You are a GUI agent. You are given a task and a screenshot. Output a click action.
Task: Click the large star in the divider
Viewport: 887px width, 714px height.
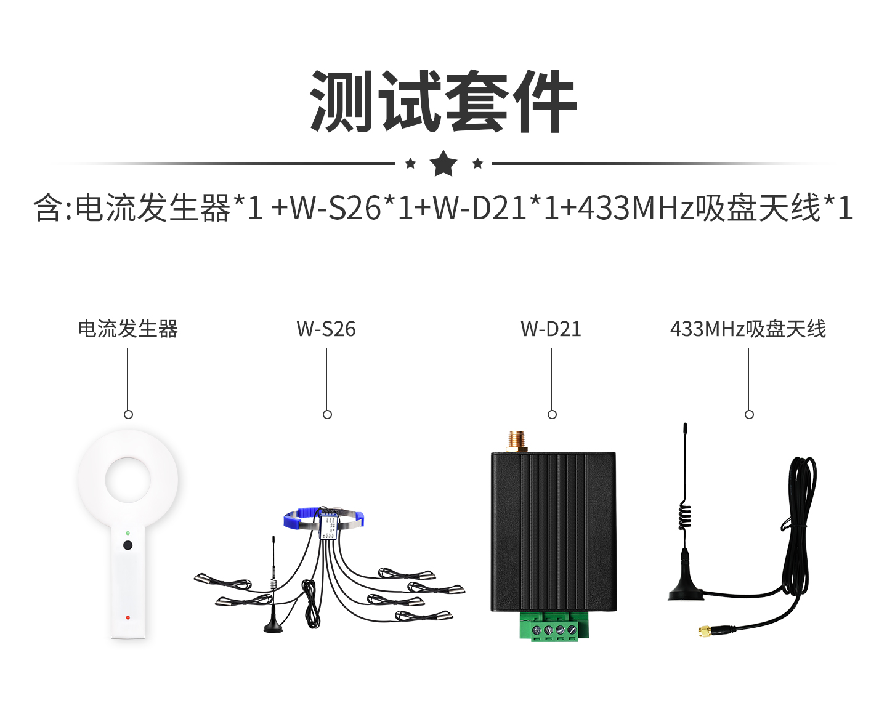pos(443,163)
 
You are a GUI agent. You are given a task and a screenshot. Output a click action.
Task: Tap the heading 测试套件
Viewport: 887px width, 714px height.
pos(443,102)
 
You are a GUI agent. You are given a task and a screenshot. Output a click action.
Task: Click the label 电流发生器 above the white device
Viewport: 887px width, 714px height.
pos(128,329)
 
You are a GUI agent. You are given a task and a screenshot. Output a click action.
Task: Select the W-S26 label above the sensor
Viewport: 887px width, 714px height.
pos(326,329)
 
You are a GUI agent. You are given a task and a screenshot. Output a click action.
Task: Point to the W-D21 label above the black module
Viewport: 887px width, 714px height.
pos(551,329)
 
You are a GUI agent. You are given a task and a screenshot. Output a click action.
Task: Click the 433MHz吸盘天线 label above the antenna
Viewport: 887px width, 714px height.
pos(748,329)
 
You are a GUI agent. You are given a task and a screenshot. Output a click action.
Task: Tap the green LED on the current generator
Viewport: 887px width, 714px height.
pos(128,533)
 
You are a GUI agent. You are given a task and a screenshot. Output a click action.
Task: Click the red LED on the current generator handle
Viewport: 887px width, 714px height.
pos(128,617)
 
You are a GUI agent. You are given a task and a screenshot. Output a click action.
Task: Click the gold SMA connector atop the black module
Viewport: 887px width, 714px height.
pos(517,442)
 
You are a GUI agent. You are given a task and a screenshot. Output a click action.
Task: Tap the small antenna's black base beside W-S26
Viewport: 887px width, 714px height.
pos(273,626)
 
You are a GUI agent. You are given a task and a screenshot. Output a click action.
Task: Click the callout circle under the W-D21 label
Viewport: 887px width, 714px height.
pos(552,414)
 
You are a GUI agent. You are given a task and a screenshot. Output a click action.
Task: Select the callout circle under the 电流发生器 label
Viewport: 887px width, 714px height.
pos(128,414)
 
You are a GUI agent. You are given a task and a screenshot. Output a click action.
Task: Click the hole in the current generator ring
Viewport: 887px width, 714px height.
pos(128,479)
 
